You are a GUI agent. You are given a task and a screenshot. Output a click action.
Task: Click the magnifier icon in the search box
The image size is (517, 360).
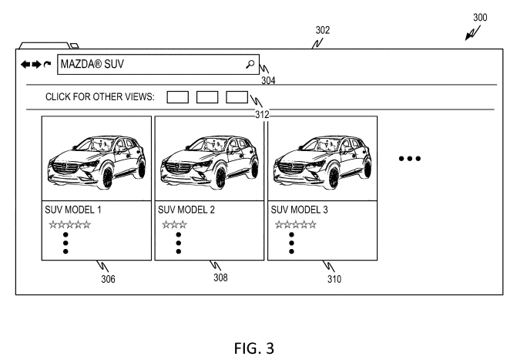pos(250,65)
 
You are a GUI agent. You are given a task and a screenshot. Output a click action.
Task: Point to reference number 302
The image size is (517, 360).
pos(323,31)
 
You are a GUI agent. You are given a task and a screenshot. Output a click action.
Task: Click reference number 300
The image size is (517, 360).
pos(480,16)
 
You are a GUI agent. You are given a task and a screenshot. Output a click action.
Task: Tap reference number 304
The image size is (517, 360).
pos(267,79)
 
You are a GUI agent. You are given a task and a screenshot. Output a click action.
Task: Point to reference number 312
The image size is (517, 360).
pos(263,114)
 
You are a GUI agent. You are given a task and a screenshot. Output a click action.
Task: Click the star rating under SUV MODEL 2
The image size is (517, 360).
pos(175,225)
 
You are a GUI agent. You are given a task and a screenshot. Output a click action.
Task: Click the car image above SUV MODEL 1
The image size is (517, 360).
pos(96,160)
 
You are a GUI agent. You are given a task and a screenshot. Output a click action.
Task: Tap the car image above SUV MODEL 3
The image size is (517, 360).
pos(322,160)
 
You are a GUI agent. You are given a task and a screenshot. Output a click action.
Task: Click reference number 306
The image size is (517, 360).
pos(108,279)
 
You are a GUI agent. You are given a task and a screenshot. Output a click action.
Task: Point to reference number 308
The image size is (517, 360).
pos(220,278)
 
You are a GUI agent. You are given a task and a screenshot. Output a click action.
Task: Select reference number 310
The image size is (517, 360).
pos(333,279)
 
